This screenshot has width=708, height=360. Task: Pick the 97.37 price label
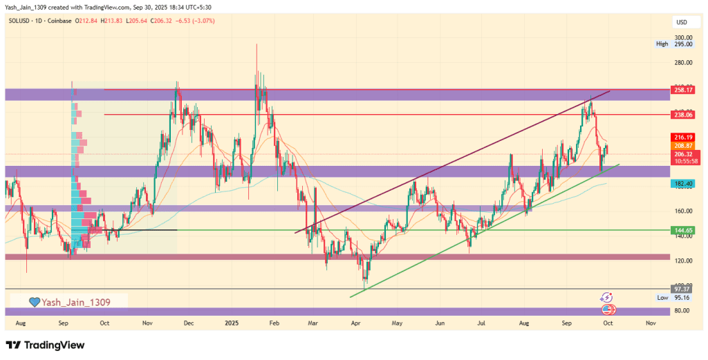(x=682, y=288)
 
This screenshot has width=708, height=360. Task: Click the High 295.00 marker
(x=673, y=44)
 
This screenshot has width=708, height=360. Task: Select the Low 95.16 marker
(x=673, y=297)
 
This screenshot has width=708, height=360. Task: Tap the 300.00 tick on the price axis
(x=683, y=37)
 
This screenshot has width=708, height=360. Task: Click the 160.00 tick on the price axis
(x=683, y=211)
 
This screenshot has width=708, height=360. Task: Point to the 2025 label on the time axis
(x=232, y=323)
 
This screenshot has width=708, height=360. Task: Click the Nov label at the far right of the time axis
(x=651, y=323)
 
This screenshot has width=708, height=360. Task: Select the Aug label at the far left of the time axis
(x=20, y=323)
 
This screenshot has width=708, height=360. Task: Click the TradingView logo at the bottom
(x=45, y=345)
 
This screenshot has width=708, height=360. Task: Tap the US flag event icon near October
(x=608, y=308)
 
